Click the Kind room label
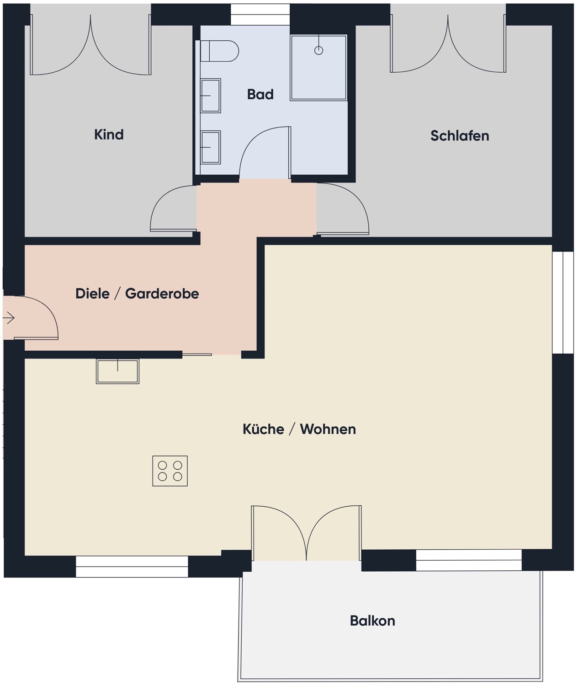tap(109, 135)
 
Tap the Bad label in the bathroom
tap(260, 94)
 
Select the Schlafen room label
tap(460, 136)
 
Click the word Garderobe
tap(162, 294)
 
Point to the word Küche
tap(263, 429)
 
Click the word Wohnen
tap(328, 429)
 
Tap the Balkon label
tap(372, 621)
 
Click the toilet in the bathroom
tap(219, 51)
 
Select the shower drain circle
tap(318, 50)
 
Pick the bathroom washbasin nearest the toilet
tap(210, 96)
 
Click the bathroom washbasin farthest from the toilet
tap(210, 147)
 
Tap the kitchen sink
tap(117, 371)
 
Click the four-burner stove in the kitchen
tap(170, 471)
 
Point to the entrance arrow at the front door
tap(9, 318)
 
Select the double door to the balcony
tap(306, 533)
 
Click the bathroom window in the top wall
tap(260, 15)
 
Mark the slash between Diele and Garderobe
tap(117, 294)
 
